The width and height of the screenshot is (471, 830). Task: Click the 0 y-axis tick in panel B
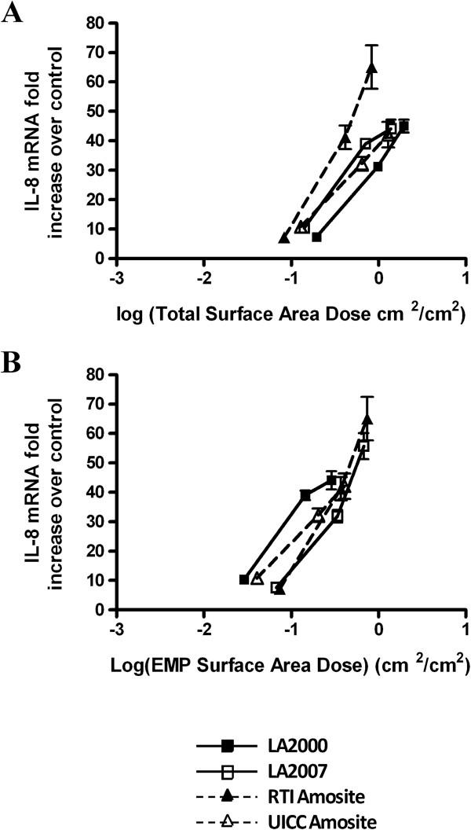click(x=100, y=609)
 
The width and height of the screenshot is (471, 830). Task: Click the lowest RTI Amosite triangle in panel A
click(x=284, y=238)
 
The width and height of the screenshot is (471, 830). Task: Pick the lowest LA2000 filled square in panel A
click(x=316, y=237)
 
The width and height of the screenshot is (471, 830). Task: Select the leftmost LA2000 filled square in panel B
click(x=244, y=579)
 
